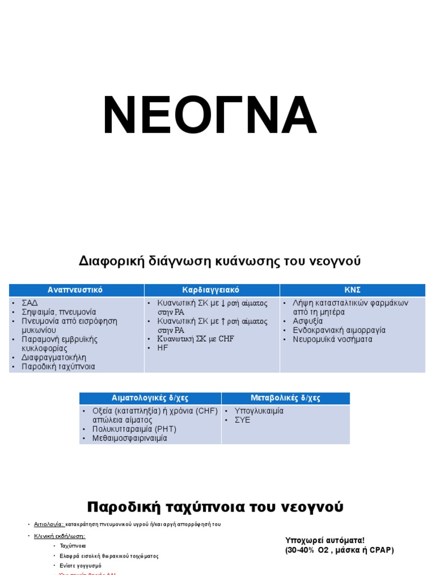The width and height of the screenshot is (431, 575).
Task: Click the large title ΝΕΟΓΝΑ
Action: pos(210,116)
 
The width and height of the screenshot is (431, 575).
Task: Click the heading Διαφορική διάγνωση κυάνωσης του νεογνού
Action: pos(219,261)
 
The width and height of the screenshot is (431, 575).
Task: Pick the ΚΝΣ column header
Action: pos(352,290)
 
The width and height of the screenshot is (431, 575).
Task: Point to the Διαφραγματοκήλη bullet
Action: pos(54,357)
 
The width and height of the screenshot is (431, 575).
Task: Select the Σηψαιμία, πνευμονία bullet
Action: pos(59,312)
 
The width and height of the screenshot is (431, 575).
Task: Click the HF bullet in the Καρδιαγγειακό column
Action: pos(163,348)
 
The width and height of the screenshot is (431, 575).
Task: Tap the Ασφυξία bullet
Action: pos(308,321)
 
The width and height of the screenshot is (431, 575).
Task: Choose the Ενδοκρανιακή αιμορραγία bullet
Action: pos(339,330)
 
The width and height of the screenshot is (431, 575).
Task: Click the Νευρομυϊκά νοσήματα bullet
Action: pos(332,339)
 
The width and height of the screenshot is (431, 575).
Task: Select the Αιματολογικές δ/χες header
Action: pos(150,398)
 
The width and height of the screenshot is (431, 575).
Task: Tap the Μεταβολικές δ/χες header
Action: pos(285,398)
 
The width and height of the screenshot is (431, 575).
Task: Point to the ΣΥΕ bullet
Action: pos(243,420)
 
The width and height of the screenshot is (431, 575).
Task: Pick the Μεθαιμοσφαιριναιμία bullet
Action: pos(130,439)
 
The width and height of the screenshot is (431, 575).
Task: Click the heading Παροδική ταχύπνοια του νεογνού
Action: pos(215,507)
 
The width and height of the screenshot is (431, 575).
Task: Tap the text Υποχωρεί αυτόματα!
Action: pos(325,540)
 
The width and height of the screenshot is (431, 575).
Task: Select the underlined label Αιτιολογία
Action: pos(49,524)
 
